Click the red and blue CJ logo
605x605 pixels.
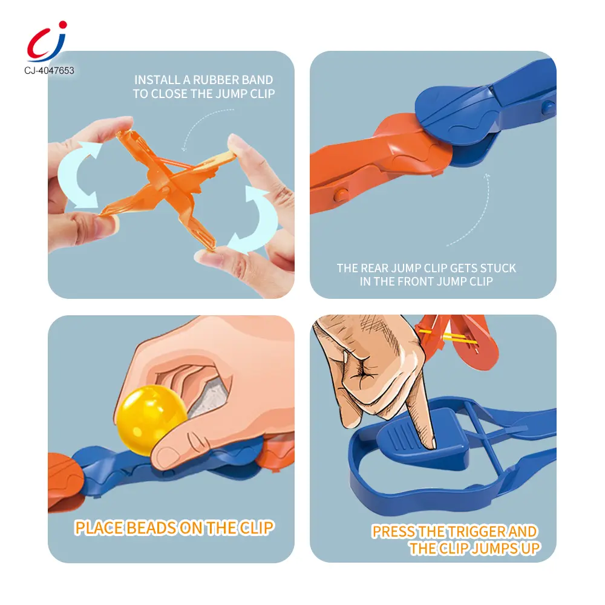point(47,42)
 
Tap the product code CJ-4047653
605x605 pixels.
point(49,71)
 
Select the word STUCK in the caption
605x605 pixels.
point(498,268)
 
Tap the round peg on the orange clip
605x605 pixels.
point(340,195)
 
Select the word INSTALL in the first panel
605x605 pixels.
point(157,80)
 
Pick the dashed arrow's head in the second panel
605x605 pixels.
point(487,176)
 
